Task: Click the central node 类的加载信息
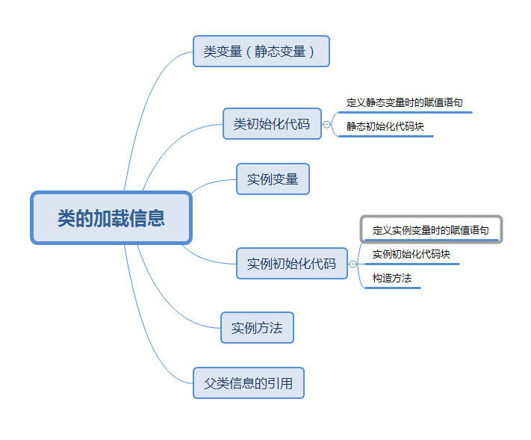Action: pyautogui.click(x=111, y=218)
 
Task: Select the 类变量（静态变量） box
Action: pyautogui.click(x=261, y=52)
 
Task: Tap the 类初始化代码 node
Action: pyautogui.click(x=272, y=123)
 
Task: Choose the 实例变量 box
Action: pyautogui.click(x=273, y=179)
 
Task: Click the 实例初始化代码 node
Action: pyautogui.click(x=291, y=264)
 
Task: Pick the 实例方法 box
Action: pyautogui.click(x=257, y=327)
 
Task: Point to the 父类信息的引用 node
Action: pyautogui.click(x=248, y=383)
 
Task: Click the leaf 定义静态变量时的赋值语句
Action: pyautogui.click(x=409, y=102)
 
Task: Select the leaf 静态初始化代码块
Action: pyautogui.click(x=385, y=126)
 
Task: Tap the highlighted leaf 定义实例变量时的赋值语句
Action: pyautogui.click(x=431, y=230)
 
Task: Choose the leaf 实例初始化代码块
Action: pyautogui.click(x=411, y=254)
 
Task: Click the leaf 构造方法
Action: pyautogui.click(x=392, y=278)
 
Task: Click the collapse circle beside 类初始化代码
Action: pyautogui.click(x=327, y=124)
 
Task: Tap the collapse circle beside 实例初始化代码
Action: pyautogui.click(x=353, y=264)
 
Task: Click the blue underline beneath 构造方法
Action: pyautogui.click(x=392, y=288)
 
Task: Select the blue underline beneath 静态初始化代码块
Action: pyautogui.click(x=386, y=136)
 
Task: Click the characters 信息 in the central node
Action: pyautogui.click(x=146, y=218)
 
